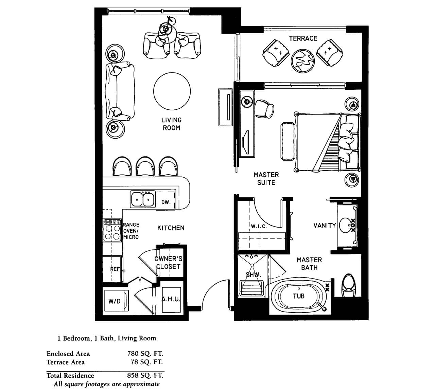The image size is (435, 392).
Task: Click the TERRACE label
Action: (303, 38)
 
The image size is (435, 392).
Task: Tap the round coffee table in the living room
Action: (172, 91)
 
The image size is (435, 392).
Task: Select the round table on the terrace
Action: (303, 61)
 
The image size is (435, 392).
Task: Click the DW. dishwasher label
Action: (166, 202)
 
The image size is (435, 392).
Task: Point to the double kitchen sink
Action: (143, 199)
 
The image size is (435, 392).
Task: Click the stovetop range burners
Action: (112, 230)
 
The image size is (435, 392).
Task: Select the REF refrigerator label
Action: (115, 269)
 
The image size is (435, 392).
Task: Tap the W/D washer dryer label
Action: (114, 301)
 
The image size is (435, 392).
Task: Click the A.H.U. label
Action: (171, 299)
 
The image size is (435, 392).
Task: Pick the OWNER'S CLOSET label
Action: (168, 263)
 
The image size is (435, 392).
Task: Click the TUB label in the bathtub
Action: (299, 296)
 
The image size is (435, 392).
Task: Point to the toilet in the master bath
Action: (349, 285)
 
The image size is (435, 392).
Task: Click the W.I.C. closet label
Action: (259, 226)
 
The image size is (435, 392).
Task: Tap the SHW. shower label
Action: (253, 275)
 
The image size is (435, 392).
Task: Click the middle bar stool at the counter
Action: (145, 166)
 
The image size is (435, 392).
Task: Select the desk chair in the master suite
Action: (264, 109)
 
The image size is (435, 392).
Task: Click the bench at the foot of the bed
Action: (288, 141)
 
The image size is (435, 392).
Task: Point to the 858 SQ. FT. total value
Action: (145, 375)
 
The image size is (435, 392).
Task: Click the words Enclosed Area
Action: (68, 354)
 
